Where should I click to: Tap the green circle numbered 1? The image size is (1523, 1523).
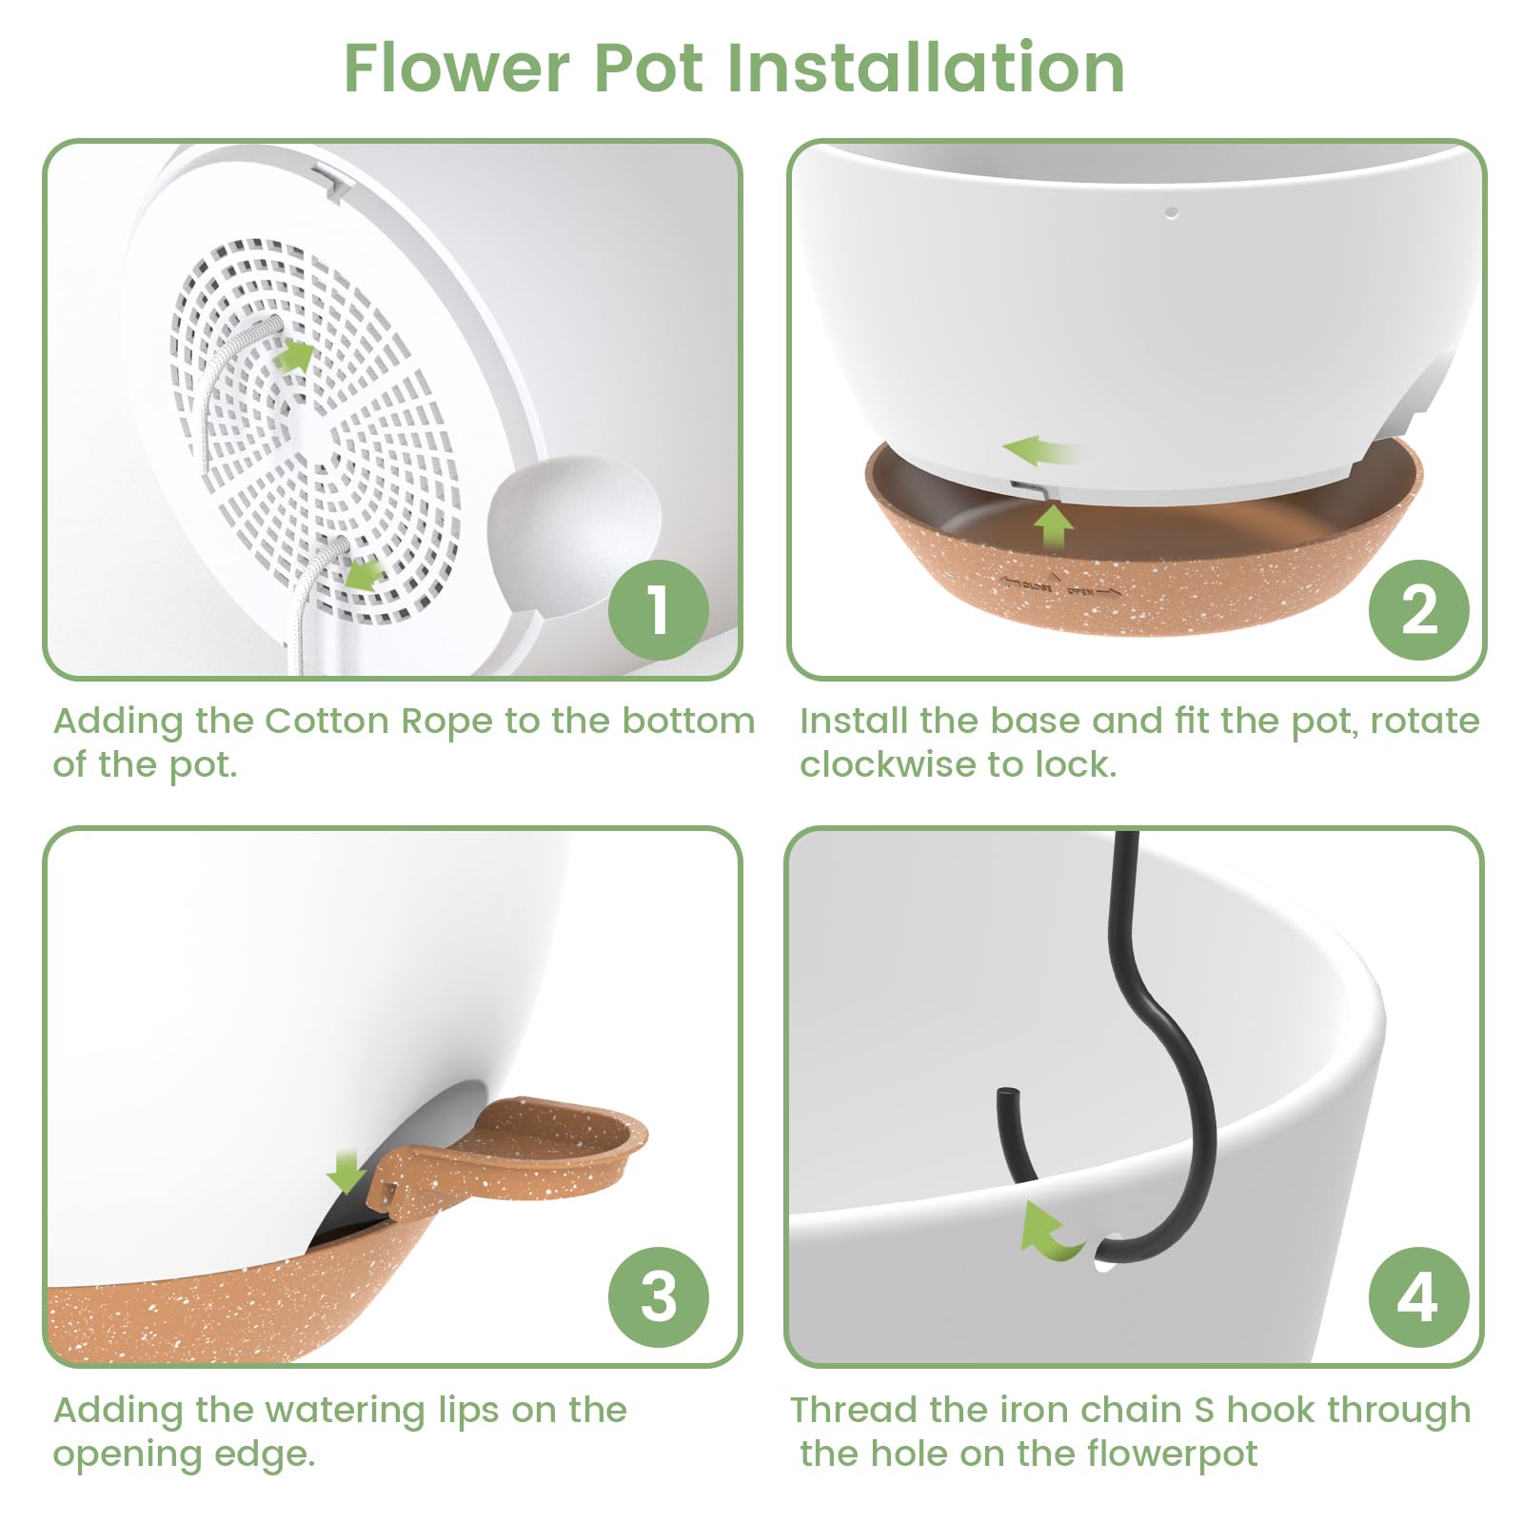point(659,609)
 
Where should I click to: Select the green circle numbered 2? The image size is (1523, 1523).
point(1418,609)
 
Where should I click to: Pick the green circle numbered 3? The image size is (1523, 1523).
point(659,1297)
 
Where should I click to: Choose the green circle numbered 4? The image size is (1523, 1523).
point(1418,1297)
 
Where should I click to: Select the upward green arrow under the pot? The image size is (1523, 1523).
point(1054,526)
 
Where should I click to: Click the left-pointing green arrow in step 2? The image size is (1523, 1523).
point(1040,450)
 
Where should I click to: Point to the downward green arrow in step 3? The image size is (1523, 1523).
point(346,1172)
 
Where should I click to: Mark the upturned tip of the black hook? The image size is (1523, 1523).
point(1003,1092)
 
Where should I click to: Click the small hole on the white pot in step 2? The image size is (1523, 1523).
point(1172,212)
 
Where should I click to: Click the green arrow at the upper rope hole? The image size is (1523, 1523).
point(297,357)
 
